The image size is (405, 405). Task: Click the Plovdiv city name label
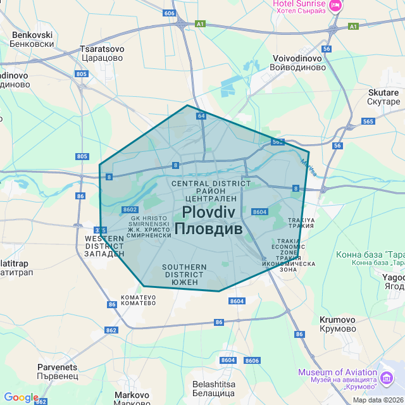point(208,220)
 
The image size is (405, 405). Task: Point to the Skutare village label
point(383,97)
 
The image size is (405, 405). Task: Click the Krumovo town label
point(337,324)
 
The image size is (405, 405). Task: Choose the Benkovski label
point(32,39)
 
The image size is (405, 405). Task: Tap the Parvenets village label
point(57,371)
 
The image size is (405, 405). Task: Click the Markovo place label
point(132,399)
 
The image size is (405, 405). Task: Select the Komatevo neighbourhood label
point(138,299)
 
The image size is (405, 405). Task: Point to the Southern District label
point(184,275)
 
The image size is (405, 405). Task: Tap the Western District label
point(104,246)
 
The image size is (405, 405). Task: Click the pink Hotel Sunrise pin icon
point(335,6)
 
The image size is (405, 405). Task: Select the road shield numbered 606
point(168,13)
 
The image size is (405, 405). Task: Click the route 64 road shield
point(201,116)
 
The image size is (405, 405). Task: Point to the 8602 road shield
point(130,209)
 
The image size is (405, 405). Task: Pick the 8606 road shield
point(252,361)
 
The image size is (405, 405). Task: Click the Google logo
point(21,397)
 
